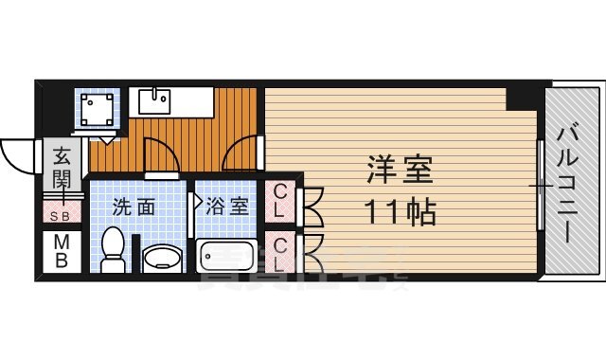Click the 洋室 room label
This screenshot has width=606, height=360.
[x=399, y=171]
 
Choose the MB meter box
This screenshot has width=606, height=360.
[x=62, y=251]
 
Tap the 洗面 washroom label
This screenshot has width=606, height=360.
[x=134, y=207]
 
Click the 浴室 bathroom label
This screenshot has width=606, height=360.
[x=228, y=207]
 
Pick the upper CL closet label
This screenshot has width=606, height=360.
[x=282, y=200]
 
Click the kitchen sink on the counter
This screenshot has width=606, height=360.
[x=154, y=99]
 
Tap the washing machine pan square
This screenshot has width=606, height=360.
[x=98, y=111]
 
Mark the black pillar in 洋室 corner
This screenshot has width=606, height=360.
[x=521, y=97]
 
